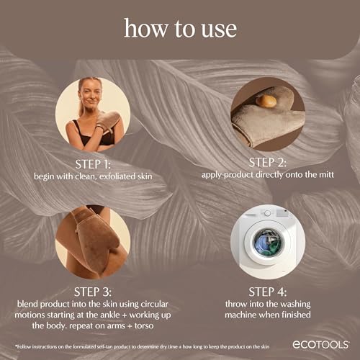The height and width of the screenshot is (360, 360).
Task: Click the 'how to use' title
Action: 180,28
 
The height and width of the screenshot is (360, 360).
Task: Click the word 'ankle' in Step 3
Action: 94,315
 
